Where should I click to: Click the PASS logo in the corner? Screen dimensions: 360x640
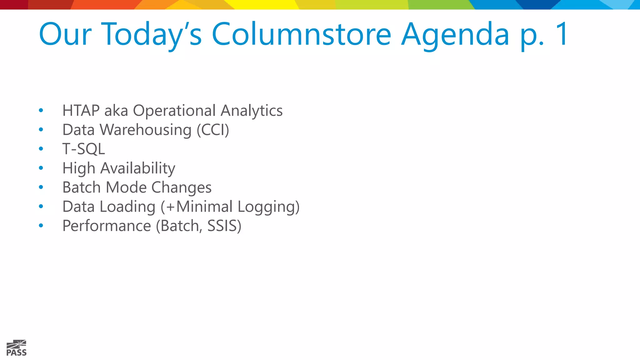pyautogui.click(x=17, y=348)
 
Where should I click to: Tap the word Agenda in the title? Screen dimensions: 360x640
pyautogui.click(x=455, y=35)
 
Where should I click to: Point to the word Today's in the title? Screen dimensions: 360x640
pyautogui.click(x=152, y=35)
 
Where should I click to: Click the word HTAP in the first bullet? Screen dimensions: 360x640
pyautogui.click(x=81, y=111)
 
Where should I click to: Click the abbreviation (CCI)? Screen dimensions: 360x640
pyautogui.click(x=213, y=130)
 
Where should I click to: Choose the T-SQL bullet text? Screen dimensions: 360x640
pyautogui.click(x=83, y=149)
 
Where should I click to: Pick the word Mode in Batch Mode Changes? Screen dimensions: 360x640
pyautogui.click(x=126, y=187)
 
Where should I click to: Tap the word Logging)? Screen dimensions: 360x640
pyautogui.click(x=268, y=207)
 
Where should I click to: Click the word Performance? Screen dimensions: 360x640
pyautogui.click(x=107, y=226)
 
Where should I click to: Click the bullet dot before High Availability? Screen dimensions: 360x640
pyautogui.click(x=41, y=168)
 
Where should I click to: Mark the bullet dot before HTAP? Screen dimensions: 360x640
pyautogui.click(x=41, y=110)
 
